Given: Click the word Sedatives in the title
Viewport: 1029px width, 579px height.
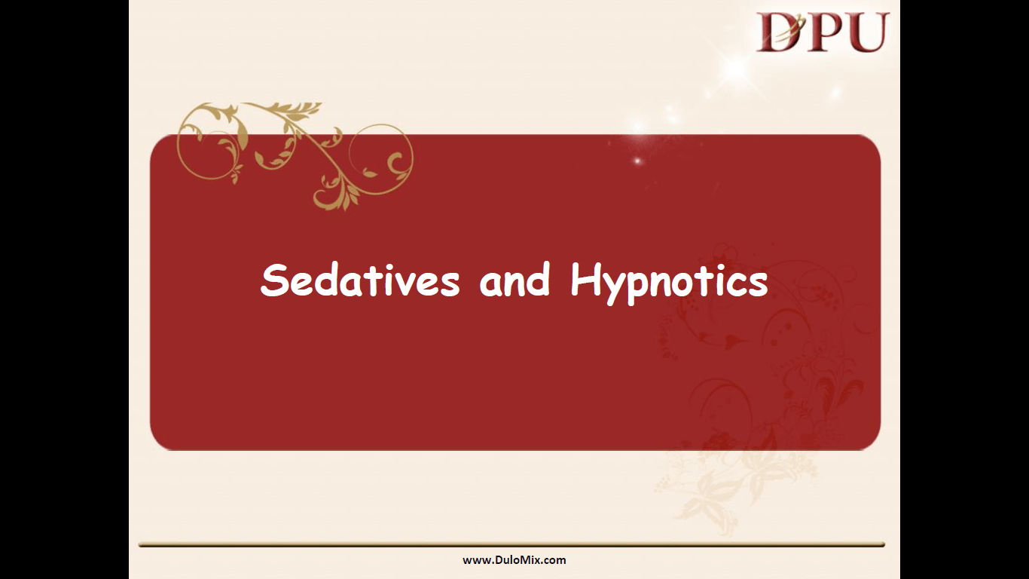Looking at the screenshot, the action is coord(360,280).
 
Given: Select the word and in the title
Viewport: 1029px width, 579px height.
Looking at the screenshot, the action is coord(515,280).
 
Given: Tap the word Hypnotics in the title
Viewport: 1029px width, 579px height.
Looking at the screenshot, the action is coord(669,283).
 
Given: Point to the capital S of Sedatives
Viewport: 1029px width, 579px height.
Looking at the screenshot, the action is coord(274,280).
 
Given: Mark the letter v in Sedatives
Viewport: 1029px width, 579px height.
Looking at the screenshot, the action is coord(405,284).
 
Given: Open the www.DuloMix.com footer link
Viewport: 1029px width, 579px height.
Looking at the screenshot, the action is coord(514,560).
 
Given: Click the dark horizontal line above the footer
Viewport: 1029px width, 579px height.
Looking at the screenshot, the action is coord(511,545).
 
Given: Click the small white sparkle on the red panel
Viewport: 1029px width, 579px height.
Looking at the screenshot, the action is coord(637,161).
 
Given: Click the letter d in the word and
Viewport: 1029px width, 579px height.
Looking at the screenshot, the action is coord(539,280).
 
